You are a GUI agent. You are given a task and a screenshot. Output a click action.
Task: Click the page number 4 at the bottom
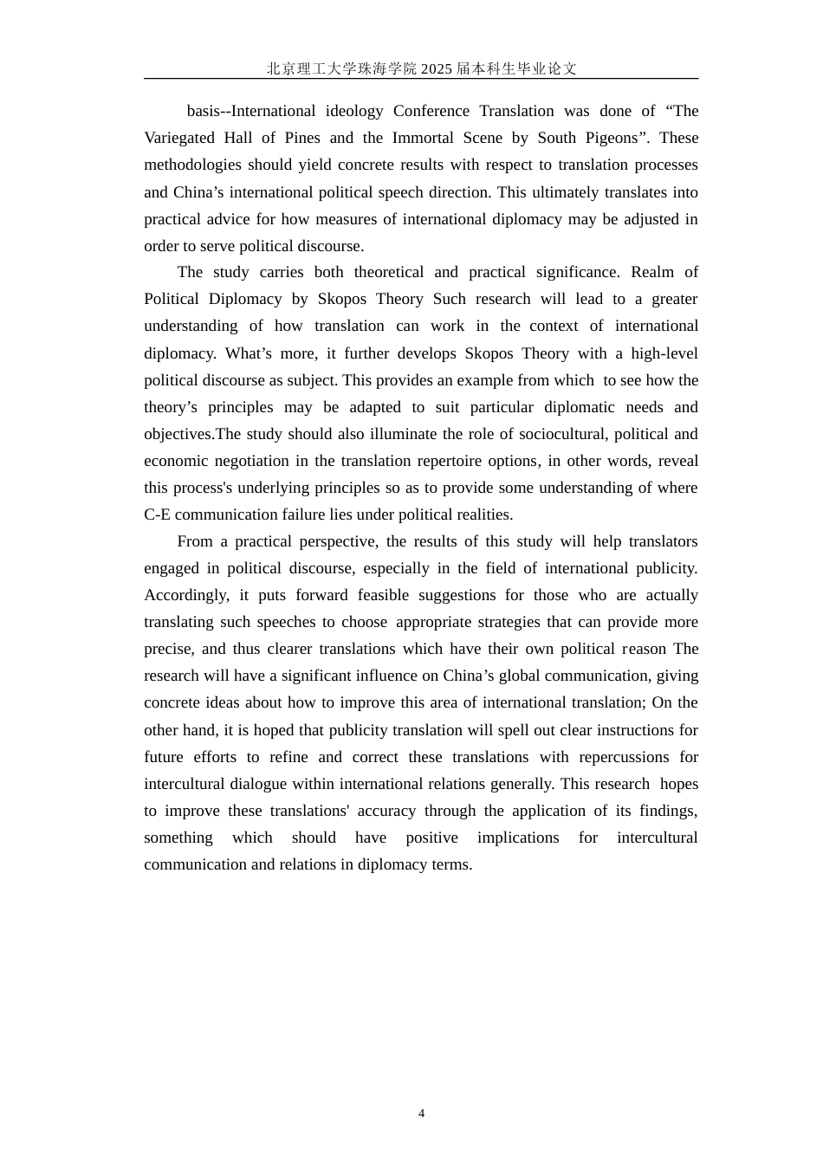(x=421, y=1114)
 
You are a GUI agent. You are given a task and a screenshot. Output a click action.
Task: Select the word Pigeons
(x=610, y=138)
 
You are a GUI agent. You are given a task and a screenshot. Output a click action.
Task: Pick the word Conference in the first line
(x=431, y=111)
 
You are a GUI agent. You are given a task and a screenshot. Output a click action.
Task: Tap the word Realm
(x=651, y=272)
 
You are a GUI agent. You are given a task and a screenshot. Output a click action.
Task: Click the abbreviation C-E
(x=157, y=514)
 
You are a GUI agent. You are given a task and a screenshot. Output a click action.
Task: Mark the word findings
(x=667, y=811)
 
